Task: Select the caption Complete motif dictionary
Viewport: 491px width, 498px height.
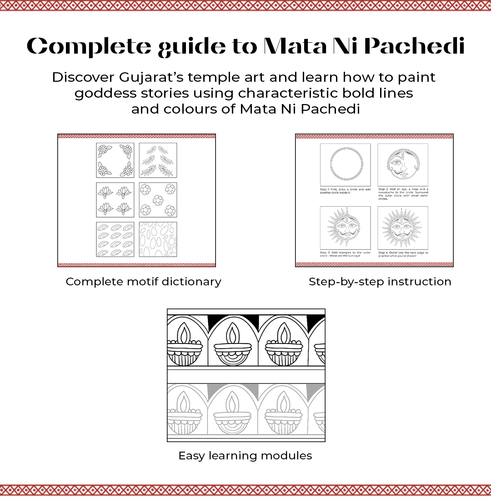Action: pos(143,282)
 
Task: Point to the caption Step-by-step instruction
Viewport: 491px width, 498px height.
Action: pos(380,282)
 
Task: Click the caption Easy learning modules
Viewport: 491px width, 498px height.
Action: pos(245,456)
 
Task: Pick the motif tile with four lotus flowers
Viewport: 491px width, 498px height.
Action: pos(115,200)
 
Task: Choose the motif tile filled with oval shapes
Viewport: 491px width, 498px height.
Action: pos(158,239)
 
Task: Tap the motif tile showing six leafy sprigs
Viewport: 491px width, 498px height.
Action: pos(158,160)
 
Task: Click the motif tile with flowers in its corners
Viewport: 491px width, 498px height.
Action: pos(115,160)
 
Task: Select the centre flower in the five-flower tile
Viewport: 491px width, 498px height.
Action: pos(158,200)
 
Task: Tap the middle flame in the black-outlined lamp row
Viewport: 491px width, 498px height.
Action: pos(233,334)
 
